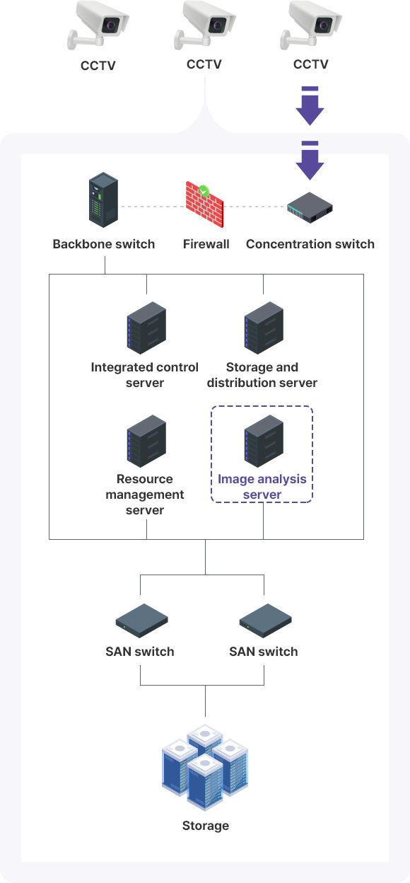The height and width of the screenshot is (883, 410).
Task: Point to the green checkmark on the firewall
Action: pos(204,190)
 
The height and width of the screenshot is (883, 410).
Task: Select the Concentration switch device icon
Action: pos(310,206)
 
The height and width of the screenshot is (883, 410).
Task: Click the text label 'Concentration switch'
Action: pos(310,244)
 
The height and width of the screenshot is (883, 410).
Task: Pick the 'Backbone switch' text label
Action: pos(103,244)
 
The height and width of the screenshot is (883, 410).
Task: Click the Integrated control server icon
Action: pos(146,327)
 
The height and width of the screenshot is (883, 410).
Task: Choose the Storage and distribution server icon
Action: pos(263,327)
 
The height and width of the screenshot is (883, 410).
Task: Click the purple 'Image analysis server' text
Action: pos(262,487)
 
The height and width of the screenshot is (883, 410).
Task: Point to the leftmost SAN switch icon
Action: pos(141,621)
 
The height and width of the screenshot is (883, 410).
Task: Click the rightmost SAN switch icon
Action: pos(265,621)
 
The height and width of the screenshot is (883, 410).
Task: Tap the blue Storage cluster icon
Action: pos(205,767)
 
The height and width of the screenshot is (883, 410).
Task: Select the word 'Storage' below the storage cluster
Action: pos(205,826)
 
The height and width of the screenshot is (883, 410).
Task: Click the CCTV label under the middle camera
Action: pos(204,64)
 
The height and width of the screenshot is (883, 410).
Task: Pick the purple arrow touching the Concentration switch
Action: pos(310,161)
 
